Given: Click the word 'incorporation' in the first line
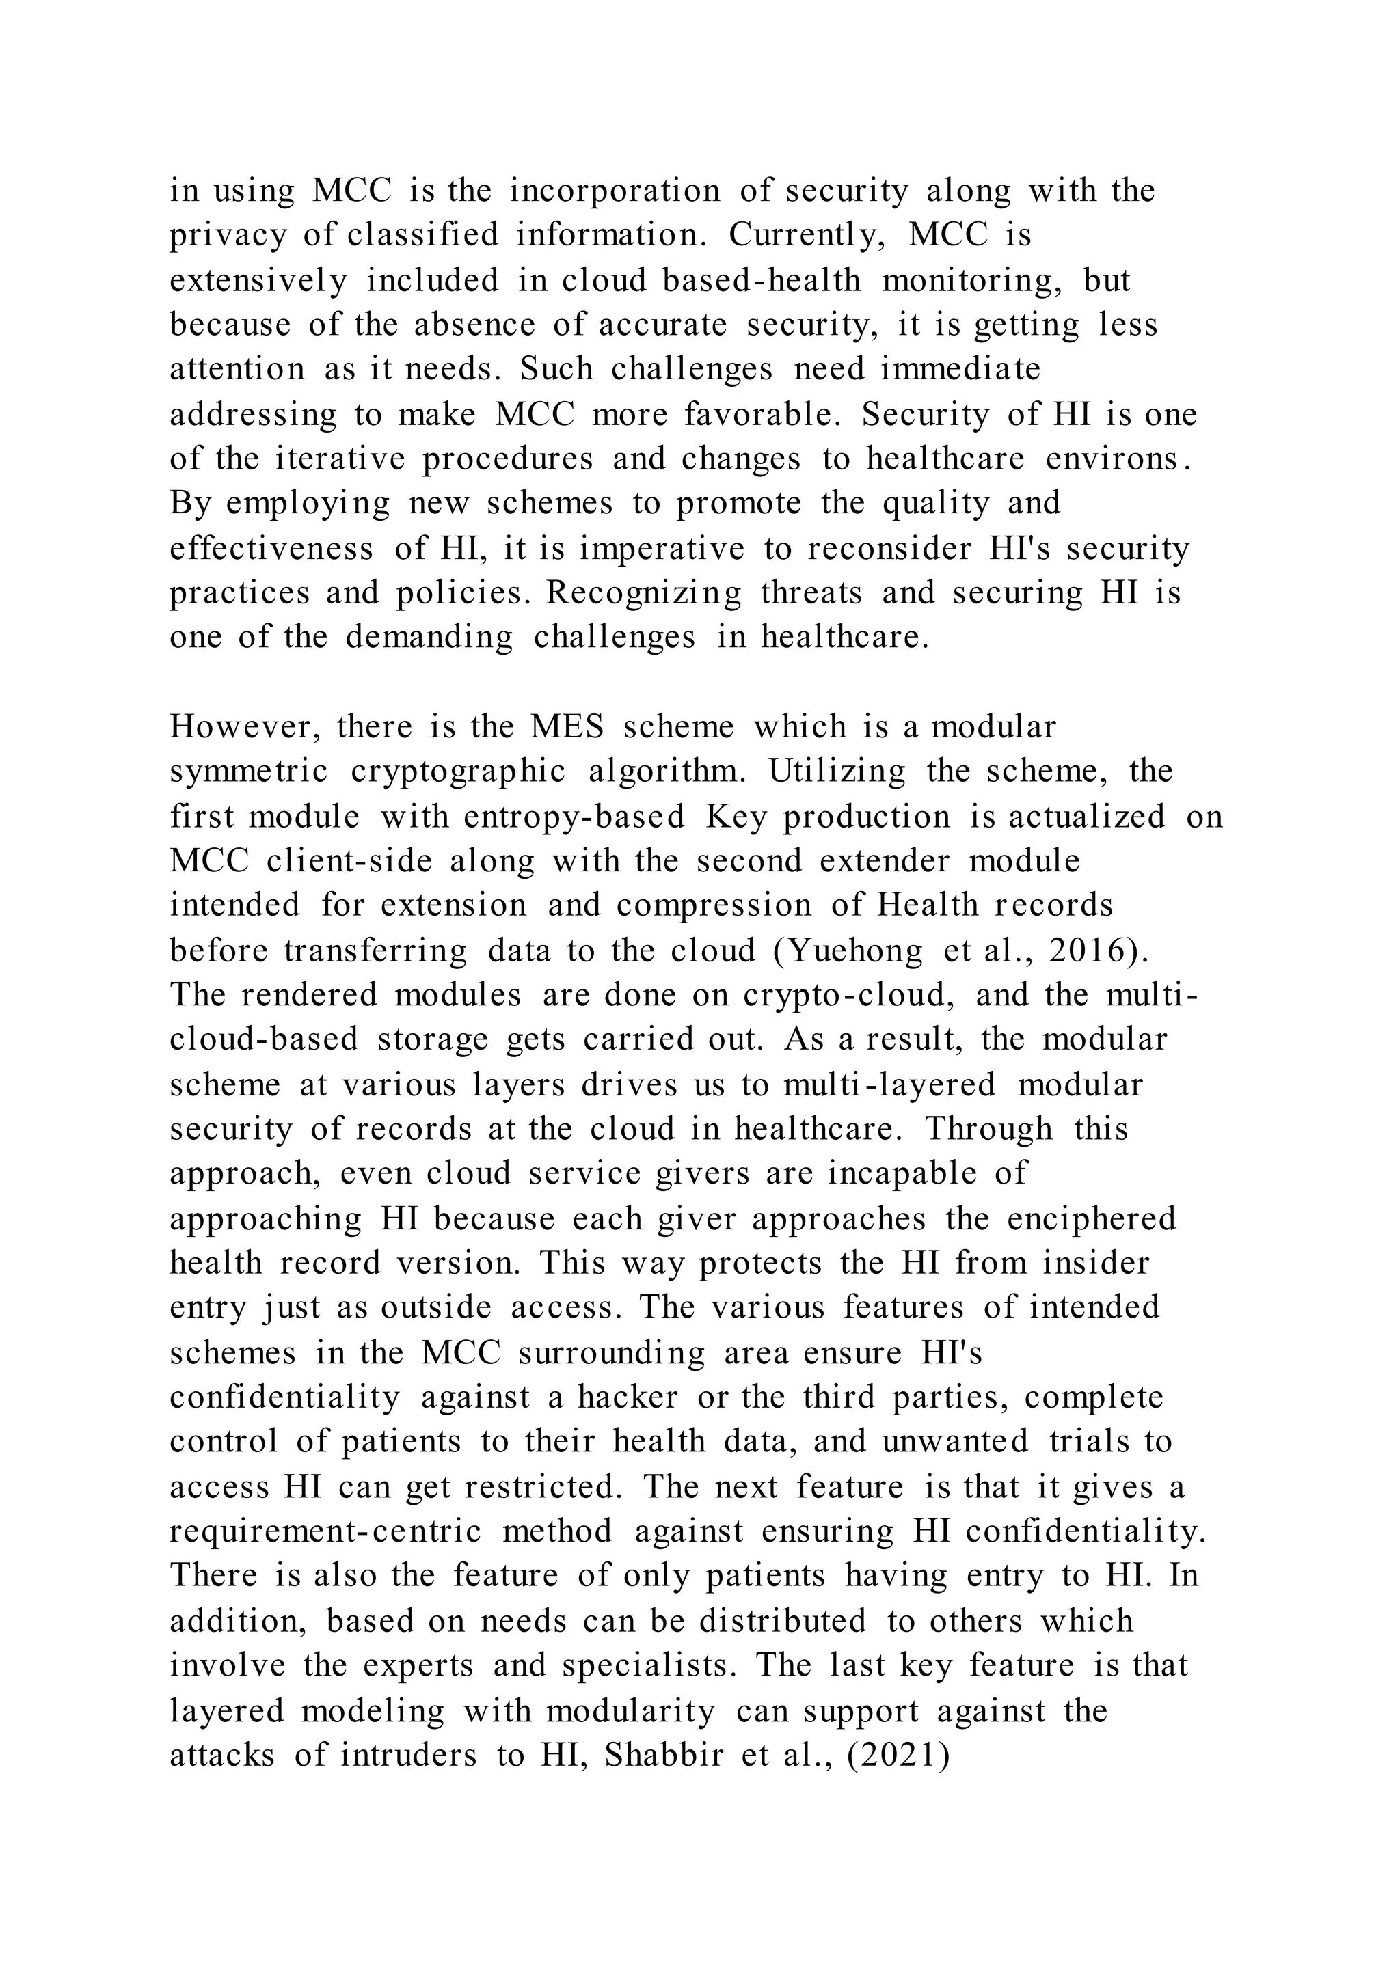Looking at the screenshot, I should (x=615, y=191).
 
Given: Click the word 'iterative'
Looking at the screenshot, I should (x=340, y=459).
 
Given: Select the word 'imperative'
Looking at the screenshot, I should (x=662, y=549).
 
